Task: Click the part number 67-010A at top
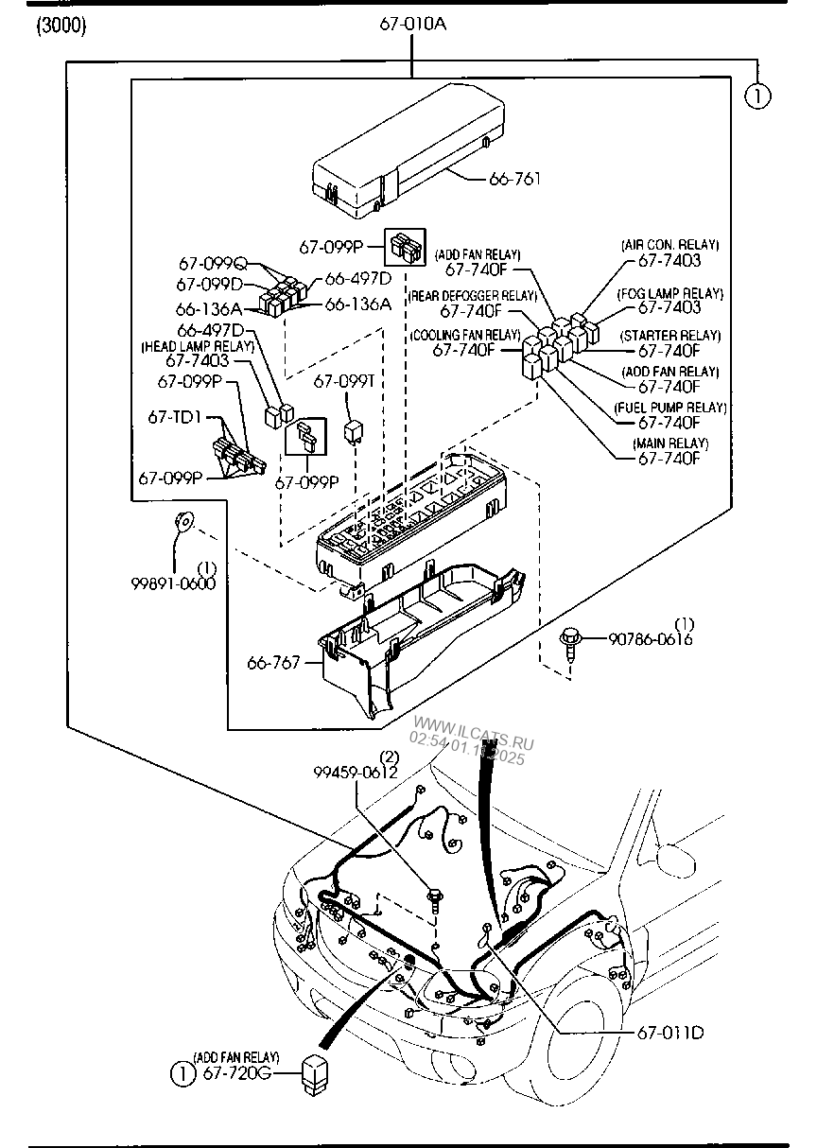coord(413,24)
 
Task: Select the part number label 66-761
coord(515,178)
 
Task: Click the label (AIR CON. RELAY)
coord(669,245)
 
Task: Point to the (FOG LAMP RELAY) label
coord(669,294)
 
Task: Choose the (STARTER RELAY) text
coord(669,336)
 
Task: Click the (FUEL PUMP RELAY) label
coord(669,408)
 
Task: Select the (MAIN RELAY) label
coord(669,444)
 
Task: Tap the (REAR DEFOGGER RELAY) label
coord(473,296)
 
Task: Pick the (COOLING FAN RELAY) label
coord(465,336)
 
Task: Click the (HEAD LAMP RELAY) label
coord(198,347)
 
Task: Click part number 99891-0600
coord(173,583)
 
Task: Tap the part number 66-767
coord(273,663)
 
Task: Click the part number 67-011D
coord(669,1032)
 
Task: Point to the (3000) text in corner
coord(61,26)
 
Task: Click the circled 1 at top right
coord(757,96)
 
